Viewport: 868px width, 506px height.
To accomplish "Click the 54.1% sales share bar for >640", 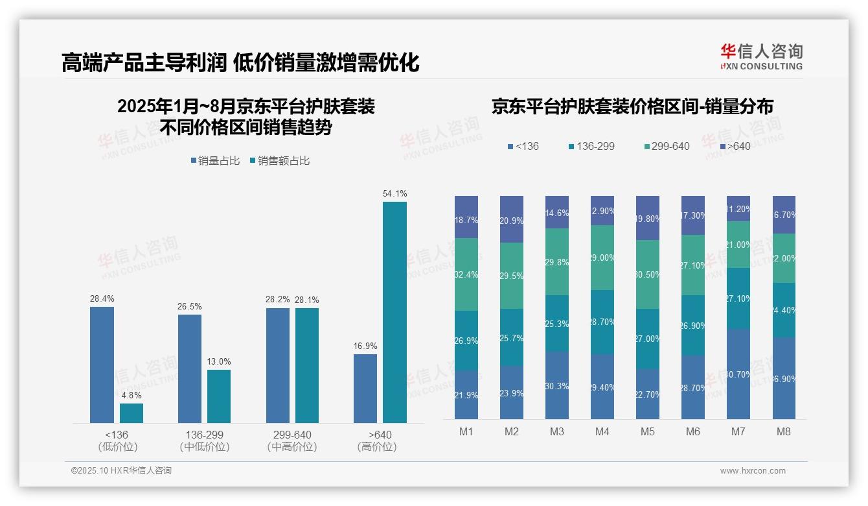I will pos(394,312).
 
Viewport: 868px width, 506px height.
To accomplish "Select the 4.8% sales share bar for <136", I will pos(131,413).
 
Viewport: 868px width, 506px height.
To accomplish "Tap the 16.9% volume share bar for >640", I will pos(365,389).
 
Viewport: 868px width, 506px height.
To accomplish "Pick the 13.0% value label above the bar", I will pos(219,361).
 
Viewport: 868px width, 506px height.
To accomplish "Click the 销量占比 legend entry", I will pos(215,161).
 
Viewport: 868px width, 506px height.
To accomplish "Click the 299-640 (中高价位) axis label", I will pos(292,440).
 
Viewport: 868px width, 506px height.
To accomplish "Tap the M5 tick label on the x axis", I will pos(648,431).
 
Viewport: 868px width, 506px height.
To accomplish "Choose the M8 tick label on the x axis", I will pos(784,431).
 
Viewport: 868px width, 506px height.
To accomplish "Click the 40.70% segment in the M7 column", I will pos(738,374).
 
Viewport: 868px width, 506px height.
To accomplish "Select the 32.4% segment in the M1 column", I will pos(466,274).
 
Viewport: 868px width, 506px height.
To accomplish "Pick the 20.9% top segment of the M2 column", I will pos(512,219).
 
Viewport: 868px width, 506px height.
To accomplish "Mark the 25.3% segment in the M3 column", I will pos(557,323).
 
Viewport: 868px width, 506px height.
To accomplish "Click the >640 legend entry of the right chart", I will pos(735,146).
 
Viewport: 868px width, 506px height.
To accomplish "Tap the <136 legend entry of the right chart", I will pos(523,146).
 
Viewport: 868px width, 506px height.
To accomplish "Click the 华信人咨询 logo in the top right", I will pos(761,56).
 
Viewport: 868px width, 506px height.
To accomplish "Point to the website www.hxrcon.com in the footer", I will pos(753,471).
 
